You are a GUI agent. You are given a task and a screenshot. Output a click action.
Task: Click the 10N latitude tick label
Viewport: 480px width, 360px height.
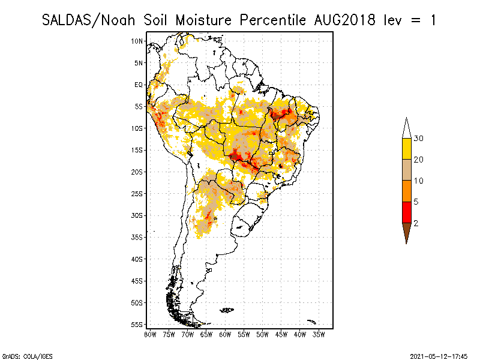point(137,41)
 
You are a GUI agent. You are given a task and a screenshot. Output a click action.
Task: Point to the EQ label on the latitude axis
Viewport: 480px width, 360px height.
point(139,85)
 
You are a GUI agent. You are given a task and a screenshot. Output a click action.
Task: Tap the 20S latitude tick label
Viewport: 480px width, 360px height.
point(137,172)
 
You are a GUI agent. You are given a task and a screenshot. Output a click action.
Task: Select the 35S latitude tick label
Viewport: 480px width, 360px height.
point(137,237)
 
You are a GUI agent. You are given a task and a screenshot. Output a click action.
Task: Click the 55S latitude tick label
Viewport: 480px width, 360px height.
point(137,324)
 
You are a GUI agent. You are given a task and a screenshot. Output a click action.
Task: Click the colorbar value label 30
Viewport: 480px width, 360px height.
point(419,139)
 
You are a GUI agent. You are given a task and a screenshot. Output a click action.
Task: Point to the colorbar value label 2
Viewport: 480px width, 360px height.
point(416,223)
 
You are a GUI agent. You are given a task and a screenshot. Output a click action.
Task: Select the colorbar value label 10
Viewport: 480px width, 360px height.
point(419,181)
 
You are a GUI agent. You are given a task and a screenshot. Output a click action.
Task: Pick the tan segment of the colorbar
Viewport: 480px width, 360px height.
point(406,170)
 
